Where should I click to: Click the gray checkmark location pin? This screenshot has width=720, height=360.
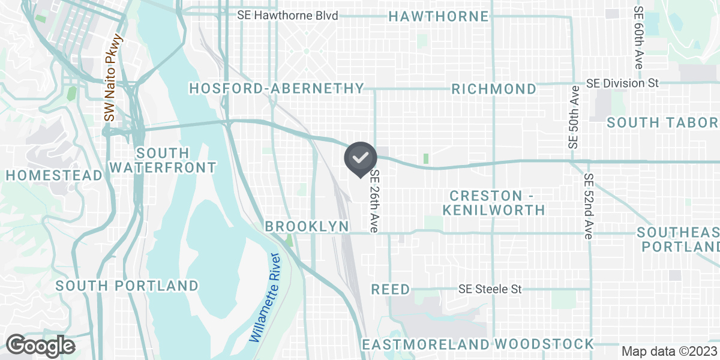tap(360, 158)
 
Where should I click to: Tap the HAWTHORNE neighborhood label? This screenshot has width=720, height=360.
tap(439, 16)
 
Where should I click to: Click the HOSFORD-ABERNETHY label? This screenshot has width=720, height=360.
tap(277, 89)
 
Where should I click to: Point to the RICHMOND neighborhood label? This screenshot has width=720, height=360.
tap(494, 89)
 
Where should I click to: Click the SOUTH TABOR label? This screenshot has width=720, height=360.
tap(662, 123)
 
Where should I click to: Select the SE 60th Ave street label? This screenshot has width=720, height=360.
tap(638, 37)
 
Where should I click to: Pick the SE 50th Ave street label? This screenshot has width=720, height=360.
tap(574, 117)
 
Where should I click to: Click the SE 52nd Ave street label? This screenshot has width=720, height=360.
tap(589, 206)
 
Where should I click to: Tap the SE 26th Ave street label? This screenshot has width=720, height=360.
tap(375, 201)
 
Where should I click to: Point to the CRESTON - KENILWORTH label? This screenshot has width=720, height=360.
tap(494, 203)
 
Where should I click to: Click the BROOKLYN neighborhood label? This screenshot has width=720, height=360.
tap(307, 226)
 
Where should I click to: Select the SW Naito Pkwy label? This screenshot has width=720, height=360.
tap(109, 78)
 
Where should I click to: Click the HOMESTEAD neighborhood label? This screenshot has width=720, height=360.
tap(55, 175)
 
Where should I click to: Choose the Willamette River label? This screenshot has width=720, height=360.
tap(265, 298)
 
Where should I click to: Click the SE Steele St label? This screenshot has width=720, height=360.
tap(490, 290)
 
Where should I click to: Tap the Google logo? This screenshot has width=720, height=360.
tap(41, 346)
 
